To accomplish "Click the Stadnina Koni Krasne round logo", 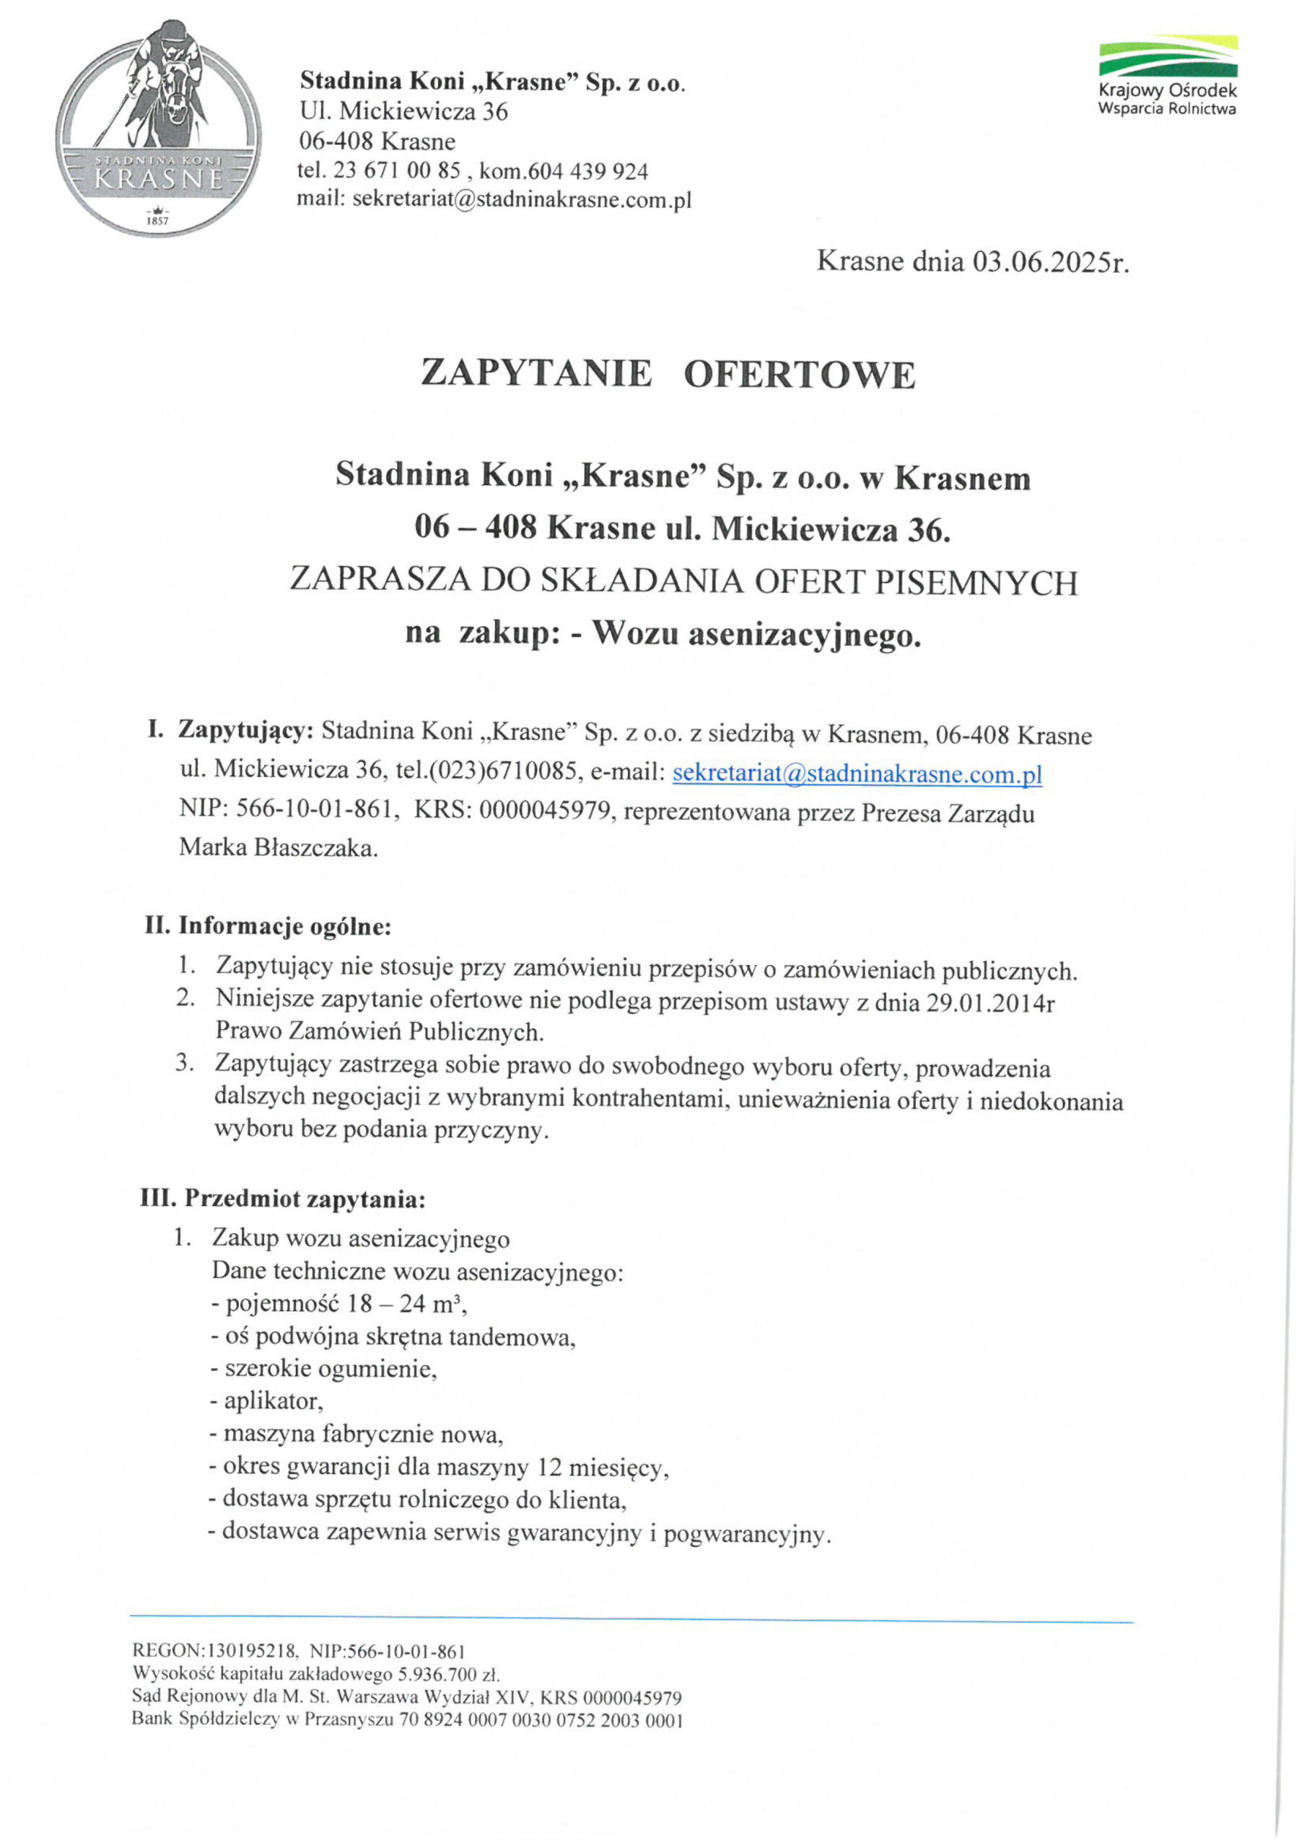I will pyautogui.click(x=159, y=128).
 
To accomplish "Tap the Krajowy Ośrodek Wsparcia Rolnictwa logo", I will pyautogui.click(x=1168, y=77).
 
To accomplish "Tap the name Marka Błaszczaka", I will pyautogui.click(x=278, y=847).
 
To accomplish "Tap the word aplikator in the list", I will pyautogui.click(x=273, y=1401).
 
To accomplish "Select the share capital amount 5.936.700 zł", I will pyautogui.click(x=448, y=1675).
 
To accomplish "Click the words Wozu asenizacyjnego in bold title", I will pyautogui.click(x=756, y=635).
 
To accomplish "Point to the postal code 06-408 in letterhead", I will pyautogui.click(x=336, y=141).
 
